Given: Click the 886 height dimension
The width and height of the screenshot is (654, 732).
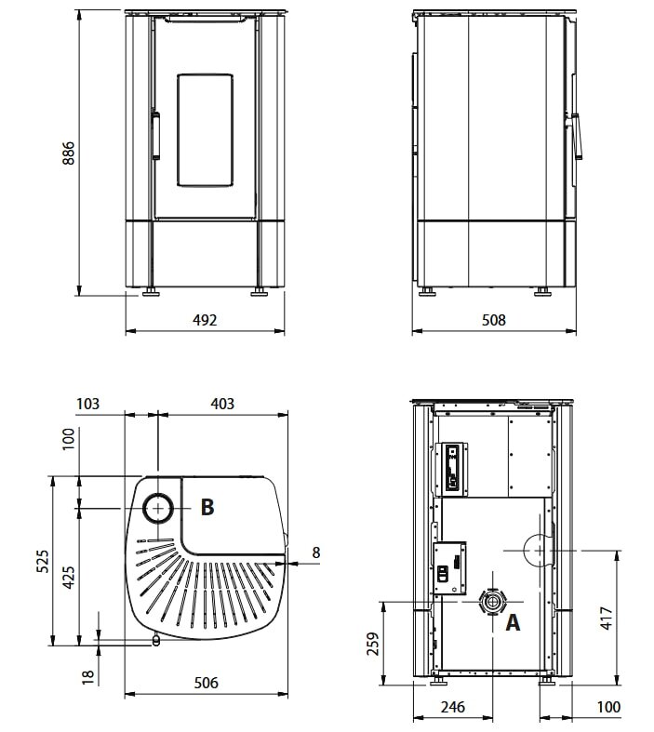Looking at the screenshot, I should (68, 153).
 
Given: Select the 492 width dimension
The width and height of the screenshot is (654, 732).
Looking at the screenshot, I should (205, 320).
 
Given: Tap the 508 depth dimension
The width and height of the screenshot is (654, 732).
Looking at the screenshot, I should (493, 320).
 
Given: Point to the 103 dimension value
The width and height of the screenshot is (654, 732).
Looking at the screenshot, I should (87, 404).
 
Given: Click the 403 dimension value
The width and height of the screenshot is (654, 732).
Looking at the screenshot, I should (222, 404).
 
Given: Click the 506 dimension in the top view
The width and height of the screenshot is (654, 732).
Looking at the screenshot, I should (206, 683).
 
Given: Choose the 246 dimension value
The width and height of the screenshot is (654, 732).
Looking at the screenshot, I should (452, 708).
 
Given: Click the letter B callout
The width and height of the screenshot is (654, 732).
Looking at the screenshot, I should (207, 507).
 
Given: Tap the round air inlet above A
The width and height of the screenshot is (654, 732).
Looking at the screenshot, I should (489, 603).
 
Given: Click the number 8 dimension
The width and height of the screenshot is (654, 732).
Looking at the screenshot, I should (315, 552).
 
